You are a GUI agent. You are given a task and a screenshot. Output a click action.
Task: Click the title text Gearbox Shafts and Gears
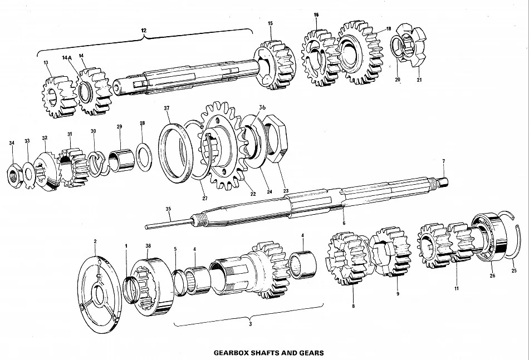(x=268, y=352)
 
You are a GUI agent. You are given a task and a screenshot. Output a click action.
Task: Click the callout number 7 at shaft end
(x=444, y=161)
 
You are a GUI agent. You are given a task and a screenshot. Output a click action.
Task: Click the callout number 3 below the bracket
(x=250, y=324)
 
